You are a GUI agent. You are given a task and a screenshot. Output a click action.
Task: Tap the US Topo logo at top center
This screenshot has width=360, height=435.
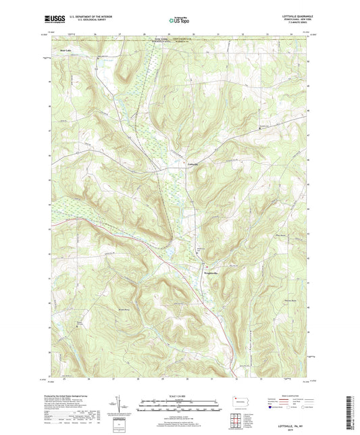coord(179,21)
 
